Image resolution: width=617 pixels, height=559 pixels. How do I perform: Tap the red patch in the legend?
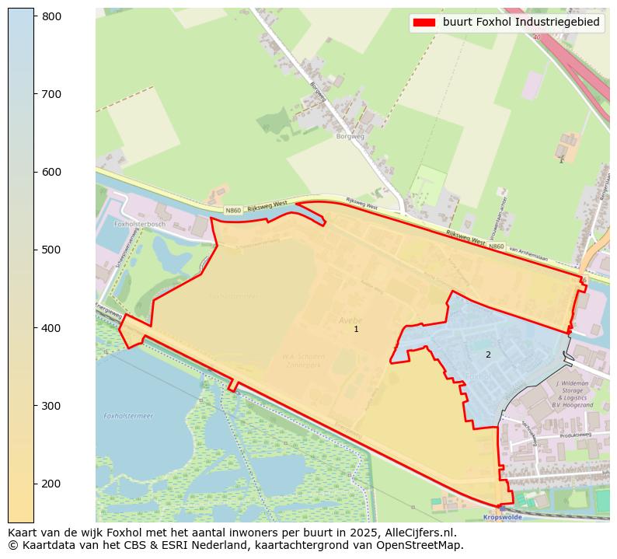424,23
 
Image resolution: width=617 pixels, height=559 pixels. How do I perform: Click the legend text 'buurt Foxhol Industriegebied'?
521,23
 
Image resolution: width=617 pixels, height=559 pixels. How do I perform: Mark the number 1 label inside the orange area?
356,330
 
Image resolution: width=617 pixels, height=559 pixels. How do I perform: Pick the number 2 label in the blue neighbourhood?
488,355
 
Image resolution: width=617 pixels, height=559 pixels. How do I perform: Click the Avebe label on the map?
350,320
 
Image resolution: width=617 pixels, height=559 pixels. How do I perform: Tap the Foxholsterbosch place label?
140,224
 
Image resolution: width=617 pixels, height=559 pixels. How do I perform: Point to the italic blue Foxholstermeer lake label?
128,416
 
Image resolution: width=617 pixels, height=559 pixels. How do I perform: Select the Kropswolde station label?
501,516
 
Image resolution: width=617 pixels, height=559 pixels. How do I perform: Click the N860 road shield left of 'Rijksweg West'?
233,211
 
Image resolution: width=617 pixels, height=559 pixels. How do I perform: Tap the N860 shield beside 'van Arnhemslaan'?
497,246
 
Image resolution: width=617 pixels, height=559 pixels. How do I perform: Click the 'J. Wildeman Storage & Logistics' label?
574,394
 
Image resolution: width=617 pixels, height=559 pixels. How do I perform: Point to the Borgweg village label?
350,136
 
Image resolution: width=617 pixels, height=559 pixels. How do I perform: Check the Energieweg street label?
109,310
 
